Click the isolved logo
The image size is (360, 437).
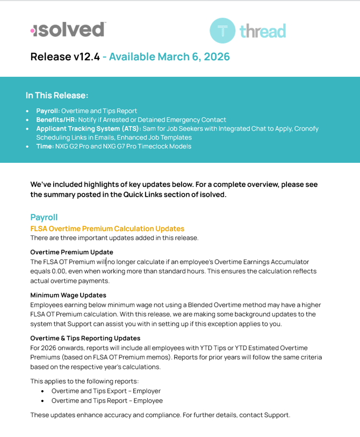click(x=68, y=30)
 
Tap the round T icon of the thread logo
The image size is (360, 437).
click(x=222, y=31)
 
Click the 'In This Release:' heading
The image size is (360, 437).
click(x=57, y=95)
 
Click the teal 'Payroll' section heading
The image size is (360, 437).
click(x=44, y=217)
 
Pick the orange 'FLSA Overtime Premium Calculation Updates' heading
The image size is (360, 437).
click(x=107, y=228)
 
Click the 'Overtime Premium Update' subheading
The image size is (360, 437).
click(x=71, y=252)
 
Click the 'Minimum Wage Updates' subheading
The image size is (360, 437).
click(x=68, y=295)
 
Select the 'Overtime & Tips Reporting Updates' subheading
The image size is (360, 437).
click(x=85, y=338)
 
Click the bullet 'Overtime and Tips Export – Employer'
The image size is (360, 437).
click(x=106, y=391)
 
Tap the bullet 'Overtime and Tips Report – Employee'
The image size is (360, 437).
click(x=107, y=400)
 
